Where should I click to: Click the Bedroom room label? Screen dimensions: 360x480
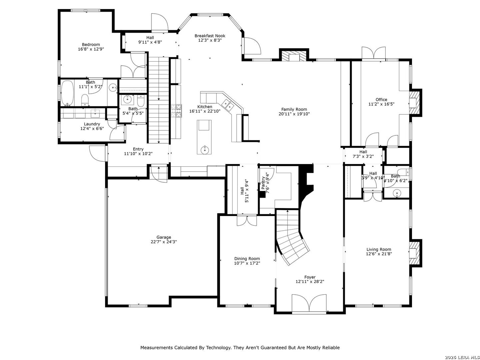pos(91,45)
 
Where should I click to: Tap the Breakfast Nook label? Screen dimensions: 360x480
pos(210,36)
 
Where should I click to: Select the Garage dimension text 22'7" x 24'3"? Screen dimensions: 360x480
pos(164,242)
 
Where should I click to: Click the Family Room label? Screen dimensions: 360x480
pos(294,109)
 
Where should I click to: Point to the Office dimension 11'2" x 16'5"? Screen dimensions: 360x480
pos(381,104)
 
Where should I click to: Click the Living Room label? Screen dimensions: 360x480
pos(379,249)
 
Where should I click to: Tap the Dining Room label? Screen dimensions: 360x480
pos(247,259)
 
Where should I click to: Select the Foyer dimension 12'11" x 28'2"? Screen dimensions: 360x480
pos(310,282)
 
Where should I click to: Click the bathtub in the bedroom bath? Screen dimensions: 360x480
pos(67,93)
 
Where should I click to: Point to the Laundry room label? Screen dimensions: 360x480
pos(92,124)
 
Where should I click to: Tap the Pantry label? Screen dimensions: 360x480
pos(263,183)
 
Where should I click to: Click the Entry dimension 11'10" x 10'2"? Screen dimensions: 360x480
pos(138,154)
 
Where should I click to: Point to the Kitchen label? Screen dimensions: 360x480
pos(205,107)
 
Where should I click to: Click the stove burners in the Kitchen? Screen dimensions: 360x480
pos(177,111)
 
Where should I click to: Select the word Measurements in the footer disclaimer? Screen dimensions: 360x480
pos(157,348)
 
